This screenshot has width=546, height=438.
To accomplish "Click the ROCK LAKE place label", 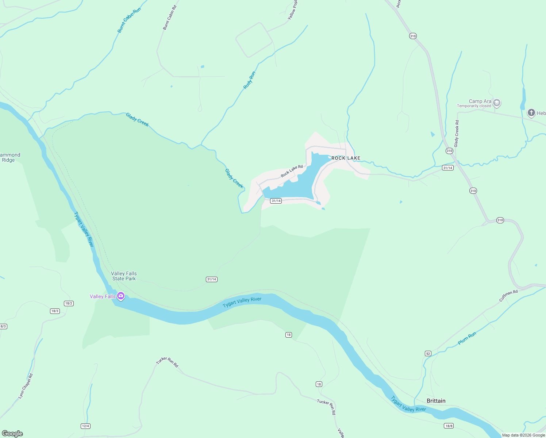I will pyautogui.click(x=346, y=158).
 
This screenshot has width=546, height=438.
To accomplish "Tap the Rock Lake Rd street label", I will pyautogui.click(x=292, y=172).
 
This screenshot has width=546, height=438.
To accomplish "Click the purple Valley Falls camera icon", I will pyautogui.click(x=121, y=296).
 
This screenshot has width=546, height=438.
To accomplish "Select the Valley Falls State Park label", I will pyautogui.click(x=124, y=276).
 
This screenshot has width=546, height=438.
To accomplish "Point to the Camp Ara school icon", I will pyautogui.click(x=496, y=103).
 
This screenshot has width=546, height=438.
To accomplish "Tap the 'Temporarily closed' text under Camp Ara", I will pyautogui.click(x=474, y=106).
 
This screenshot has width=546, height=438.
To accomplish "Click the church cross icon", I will pyautogui.click(x=531, y=113).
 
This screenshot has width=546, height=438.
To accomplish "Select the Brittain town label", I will pyautogui.click(x=436, y=401).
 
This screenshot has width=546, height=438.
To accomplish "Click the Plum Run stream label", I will pyautogui.click(x=467, y=338).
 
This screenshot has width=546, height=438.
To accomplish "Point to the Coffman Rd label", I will pyautogui.click(x=508, y=296).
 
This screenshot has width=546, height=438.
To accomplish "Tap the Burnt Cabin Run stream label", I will pyautogui.click(x=129, y=20).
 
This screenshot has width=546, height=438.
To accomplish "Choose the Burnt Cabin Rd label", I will pyautogui.click(x=169, y=18).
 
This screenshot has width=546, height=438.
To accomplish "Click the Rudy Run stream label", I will pyautogui.click(x=249, y=80).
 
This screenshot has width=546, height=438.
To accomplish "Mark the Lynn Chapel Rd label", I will pyautogui.click(x=26, y=386).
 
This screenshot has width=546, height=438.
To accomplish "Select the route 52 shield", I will pyautogui.click(x=428, y=353).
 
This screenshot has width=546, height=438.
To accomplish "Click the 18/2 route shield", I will pyautogui.click(x=69, y=303).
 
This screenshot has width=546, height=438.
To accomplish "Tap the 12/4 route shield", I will pyautogui.click(x=85, y=426).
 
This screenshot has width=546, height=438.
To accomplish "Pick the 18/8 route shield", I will pyautogui.click(x=449, y=426).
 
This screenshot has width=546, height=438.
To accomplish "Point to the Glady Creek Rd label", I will pyautogui.click(x=457, y=134).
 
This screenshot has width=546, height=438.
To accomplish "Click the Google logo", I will pyautogui.click(x=12, y=434).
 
